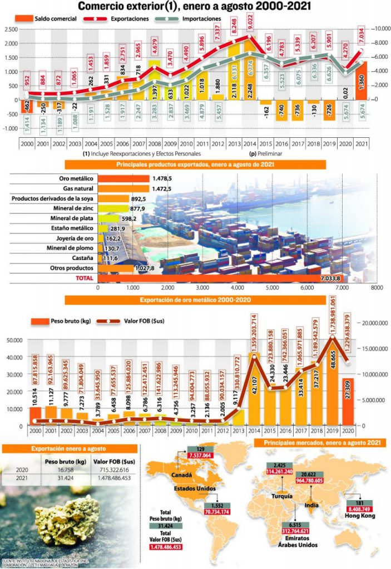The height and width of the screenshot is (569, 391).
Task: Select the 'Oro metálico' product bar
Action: (x=123, y=178)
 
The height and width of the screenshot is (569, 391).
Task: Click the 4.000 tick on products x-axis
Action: (x=237, y=288)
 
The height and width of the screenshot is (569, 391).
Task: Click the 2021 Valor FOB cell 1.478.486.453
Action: (x=113, y=478)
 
